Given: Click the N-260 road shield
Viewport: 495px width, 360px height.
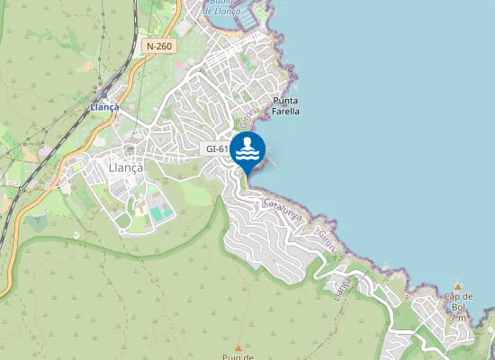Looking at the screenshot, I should pos(158,45).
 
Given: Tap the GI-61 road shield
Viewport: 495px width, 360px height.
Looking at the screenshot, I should pos(216,148).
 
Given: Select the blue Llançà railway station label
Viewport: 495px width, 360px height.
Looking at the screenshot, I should pos(104,106).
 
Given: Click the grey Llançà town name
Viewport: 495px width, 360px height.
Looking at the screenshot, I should pos(125,166).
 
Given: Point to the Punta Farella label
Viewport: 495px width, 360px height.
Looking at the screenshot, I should pos(285,105).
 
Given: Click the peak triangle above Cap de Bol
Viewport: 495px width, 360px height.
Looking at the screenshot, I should pos(457,285).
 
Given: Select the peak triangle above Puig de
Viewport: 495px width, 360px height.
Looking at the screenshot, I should pos(238,347).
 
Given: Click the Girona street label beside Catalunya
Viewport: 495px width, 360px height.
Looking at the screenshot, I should pos(328,243).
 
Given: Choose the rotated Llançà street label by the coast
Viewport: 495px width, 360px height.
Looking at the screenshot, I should pos(343,287).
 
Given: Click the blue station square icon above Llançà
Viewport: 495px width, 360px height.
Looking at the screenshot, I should pos(103,94).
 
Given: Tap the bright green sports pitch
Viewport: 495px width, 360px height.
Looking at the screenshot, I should pos(160,214).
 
